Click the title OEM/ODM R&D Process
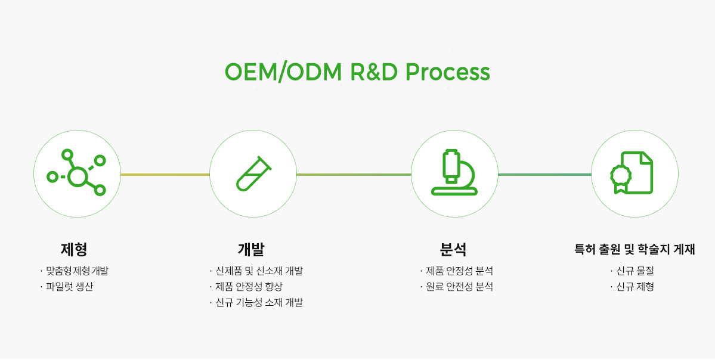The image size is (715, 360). (x=357, y=72)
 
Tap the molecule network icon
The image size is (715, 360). (x=77, y=173)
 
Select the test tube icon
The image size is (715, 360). (x=253, y=173)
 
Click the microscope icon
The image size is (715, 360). (x=454, y=173)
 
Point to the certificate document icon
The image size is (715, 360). (x=634, y=173)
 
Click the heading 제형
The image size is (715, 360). (x=74, y=249)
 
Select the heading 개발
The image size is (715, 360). (x=251, y=249)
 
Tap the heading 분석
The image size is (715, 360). (x=453, y=249)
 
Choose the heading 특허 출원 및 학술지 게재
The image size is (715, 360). (x=634, y=249)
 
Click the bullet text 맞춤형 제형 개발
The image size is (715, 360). (x=77, y=271)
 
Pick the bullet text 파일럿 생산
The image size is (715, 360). (x=69, y=287)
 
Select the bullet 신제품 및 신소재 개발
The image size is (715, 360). (x=259, y=271)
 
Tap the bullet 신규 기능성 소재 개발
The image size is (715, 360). (x=259, y=303)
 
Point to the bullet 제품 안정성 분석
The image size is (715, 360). (x=459, y=271)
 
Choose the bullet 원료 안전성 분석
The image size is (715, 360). (x=459, y=287)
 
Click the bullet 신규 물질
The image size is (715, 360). (x=635, y=271)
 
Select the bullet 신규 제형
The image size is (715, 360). (x=635, y=287)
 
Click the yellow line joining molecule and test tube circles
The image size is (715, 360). (x=165, y=175)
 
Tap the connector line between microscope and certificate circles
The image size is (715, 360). (x=544, y=175)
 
